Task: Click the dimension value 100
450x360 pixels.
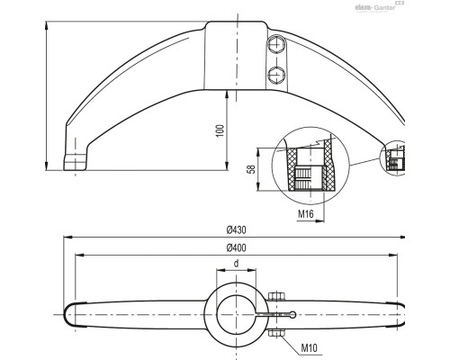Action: coord(219,131)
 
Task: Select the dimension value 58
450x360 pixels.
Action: coord(251,168)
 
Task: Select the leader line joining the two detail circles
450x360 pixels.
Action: coord(364,162)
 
